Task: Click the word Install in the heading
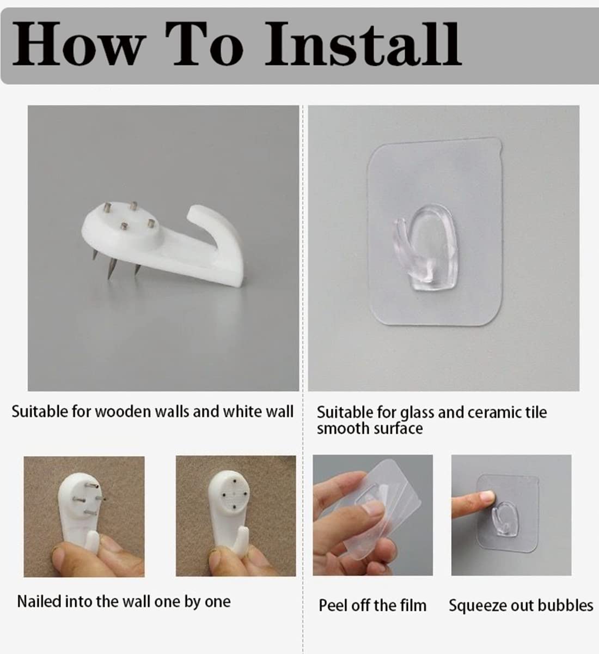[363, 44]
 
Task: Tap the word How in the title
[78, 44]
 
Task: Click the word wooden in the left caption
[124, 411]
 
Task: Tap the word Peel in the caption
[333, 605]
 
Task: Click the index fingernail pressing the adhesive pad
[487, 497]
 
